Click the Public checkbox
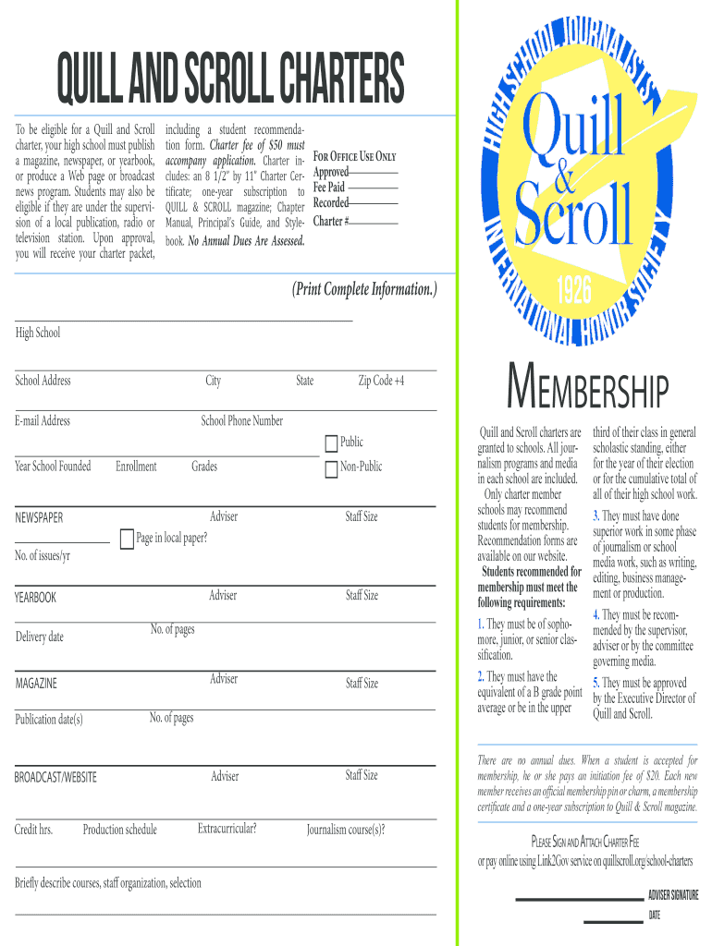[x=331, y=443]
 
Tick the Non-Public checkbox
[x=331, y=469]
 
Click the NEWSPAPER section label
[x=39, y=518]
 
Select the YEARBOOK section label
[x=35, y=598]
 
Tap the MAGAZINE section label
[x=36, y=684]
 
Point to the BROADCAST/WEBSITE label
[x=55, y=778]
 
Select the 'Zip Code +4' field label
[x=381, y=381]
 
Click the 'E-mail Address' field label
[x=43, y=421]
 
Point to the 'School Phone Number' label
[x=242, y=421]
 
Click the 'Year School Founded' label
[x=53, y=467]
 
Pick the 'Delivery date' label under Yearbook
[x=40, y=637]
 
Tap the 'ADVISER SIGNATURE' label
[x=672, y=895]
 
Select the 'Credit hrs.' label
[x=33, y=830]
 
